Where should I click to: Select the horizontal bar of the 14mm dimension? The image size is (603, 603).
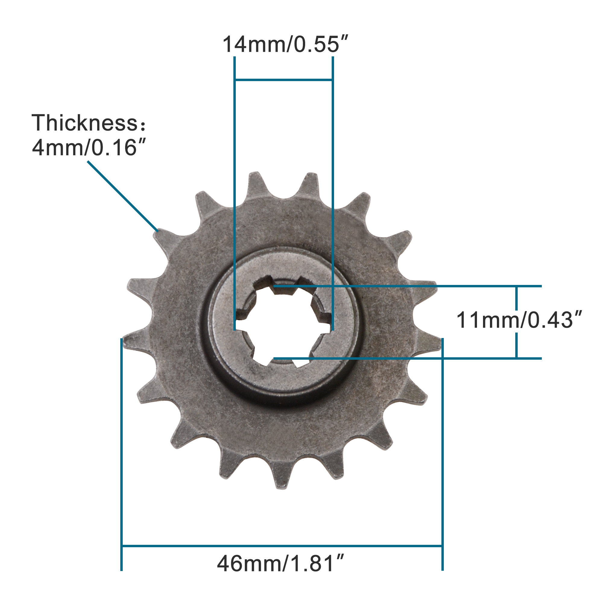pyautogui.click(x=283, y=80)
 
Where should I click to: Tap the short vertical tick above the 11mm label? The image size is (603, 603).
pyautogui.click(x=516, y=298)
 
